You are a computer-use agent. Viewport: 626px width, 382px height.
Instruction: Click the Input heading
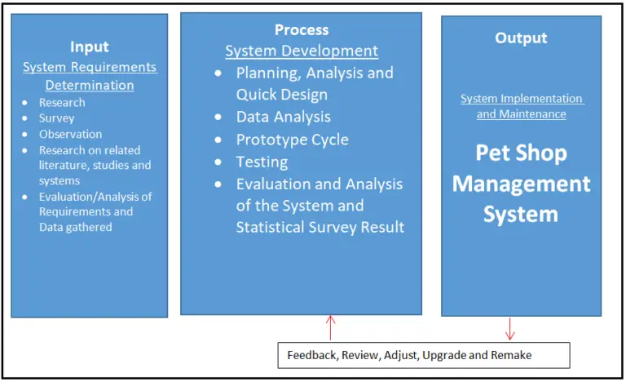(x=89, y=47)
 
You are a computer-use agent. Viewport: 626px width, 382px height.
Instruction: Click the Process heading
(x=301, y=30)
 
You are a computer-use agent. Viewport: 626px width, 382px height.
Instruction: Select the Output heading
(x=521, y=38)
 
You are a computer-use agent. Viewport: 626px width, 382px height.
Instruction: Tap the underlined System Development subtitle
(x=302, y=51)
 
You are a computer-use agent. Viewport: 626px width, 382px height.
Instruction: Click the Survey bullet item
(x=56, y=118)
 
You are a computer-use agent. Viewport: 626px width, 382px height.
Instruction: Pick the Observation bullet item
(x=70, y=134)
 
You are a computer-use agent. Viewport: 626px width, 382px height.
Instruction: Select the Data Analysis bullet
(x=283, y=117)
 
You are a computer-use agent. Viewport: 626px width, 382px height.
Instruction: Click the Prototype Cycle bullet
(x=292, y=140)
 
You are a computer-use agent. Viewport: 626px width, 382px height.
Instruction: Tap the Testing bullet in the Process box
(x=262, y=162)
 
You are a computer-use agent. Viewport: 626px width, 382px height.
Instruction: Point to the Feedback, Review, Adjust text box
(x=421, y=356)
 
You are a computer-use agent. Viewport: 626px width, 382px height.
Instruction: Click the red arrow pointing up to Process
(x=330, y=327)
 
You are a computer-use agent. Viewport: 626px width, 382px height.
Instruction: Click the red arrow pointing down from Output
(x=509, y=328)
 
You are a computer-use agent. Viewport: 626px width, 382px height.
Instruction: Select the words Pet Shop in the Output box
(x=521, y=153)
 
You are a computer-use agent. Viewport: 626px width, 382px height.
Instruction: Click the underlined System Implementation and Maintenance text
(x=521, y=106)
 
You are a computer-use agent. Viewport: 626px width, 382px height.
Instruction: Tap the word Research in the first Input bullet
(x=62, y=103)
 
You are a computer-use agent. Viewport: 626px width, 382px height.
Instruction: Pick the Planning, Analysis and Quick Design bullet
(x=314, y=83)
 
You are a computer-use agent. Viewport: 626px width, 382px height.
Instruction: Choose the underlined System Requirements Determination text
(x=90, y=76)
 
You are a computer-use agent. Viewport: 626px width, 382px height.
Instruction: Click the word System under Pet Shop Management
(x=521, y=214)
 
